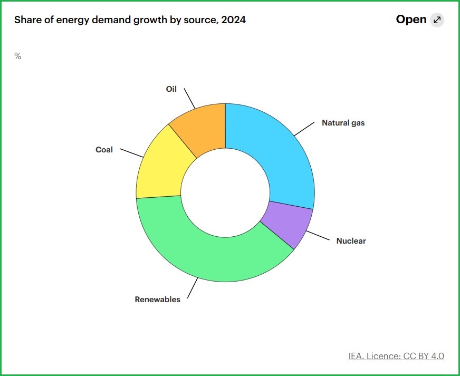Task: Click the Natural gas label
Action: point(343,123)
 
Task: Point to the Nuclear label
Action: point(351,241)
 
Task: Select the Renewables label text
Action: point(157,300)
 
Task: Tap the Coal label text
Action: point(104,150)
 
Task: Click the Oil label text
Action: point(171,89)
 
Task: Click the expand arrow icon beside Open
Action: point(437,20)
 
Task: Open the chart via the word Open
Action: point(411,20)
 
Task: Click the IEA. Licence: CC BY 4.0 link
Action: point(396,356)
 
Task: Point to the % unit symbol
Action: point(17,56)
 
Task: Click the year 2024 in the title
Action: point(234,20)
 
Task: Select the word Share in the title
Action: point(27,20)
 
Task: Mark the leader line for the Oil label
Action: point(190,98)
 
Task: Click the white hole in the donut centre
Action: point(225,192)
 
